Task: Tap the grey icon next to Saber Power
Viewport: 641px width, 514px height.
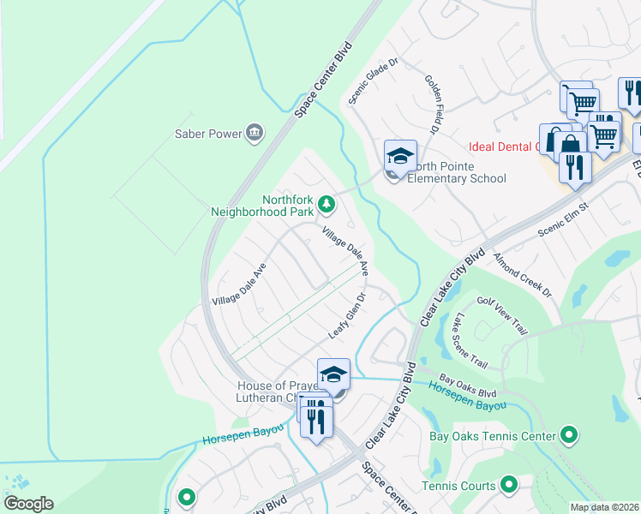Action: (x=255, y=133)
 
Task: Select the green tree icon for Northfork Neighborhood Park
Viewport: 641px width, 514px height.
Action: (x=326, y=204)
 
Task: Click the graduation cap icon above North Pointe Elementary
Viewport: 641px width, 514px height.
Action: (x=400, y=156)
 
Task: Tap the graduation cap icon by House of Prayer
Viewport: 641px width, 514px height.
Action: (x=333, y=374)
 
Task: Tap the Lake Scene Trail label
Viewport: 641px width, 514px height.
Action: (x=472, y=341)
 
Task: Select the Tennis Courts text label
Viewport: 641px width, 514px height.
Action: (x=458, y=486)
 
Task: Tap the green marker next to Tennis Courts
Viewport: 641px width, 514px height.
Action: (x=508, y=486)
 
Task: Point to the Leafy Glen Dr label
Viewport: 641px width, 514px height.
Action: (x=348, y=315)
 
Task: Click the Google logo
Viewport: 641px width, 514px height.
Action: (x=28, y=504)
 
